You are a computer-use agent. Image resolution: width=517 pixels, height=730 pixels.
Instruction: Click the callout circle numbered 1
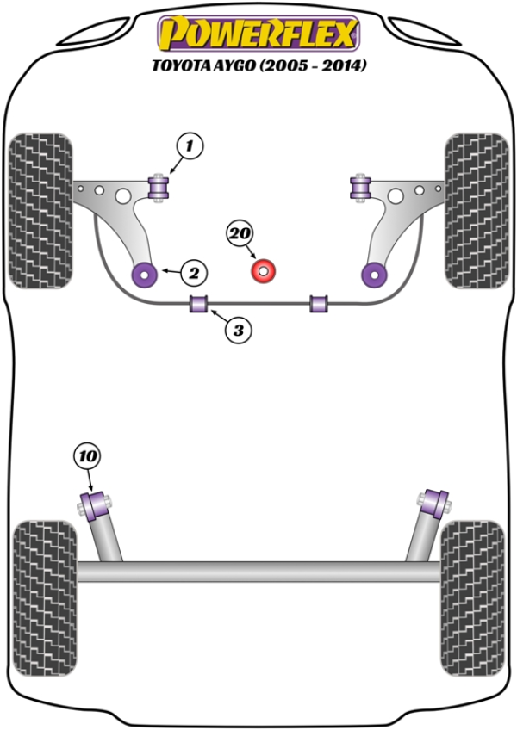coord(190,146)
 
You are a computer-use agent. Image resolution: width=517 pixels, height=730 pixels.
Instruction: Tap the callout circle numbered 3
coord(240,328)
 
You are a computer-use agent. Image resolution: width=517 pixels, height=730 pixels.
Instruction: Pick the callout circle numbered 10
coord(88,455)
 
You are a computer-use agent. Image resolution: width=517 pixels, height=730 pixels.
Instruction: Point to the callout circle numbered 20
coord(240,232)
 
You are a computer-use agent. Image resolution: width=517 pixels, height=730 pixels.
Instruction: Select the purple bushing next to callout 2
coord(143,275)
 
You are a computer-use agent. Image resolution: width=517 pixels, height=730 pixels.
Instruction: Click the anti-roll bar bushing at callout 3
coord(199,304)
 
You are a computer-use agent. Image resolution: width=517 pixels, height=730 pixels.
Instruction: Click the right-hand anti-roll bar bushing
coord(321,304)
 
